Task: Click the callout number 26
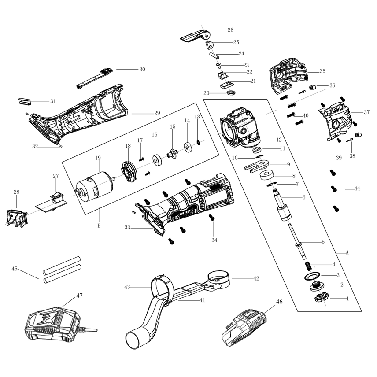pyautogui.click(x=230, y=30)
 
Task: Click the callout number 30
pyautogui.click(x=142, y=70)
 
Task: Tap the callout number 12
pyautogui.click(x=279, y=140)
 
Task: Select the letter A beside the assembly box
pyautogui.click(x=347, y=253)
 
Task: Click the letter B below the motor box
pyautogui.click(x=99, y=225)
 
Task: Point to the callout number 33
pyautogui.click(x=127, y=228)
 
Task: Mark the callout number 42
pyautogui.click(x=256, y=278)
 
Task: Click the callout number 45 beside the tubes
pyautogui.click(x=14, y=269)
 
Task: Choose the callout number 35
pyautogui.click(x=322, y=71)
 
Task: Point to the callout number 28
pyautogui.click(x=16, y=192)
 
